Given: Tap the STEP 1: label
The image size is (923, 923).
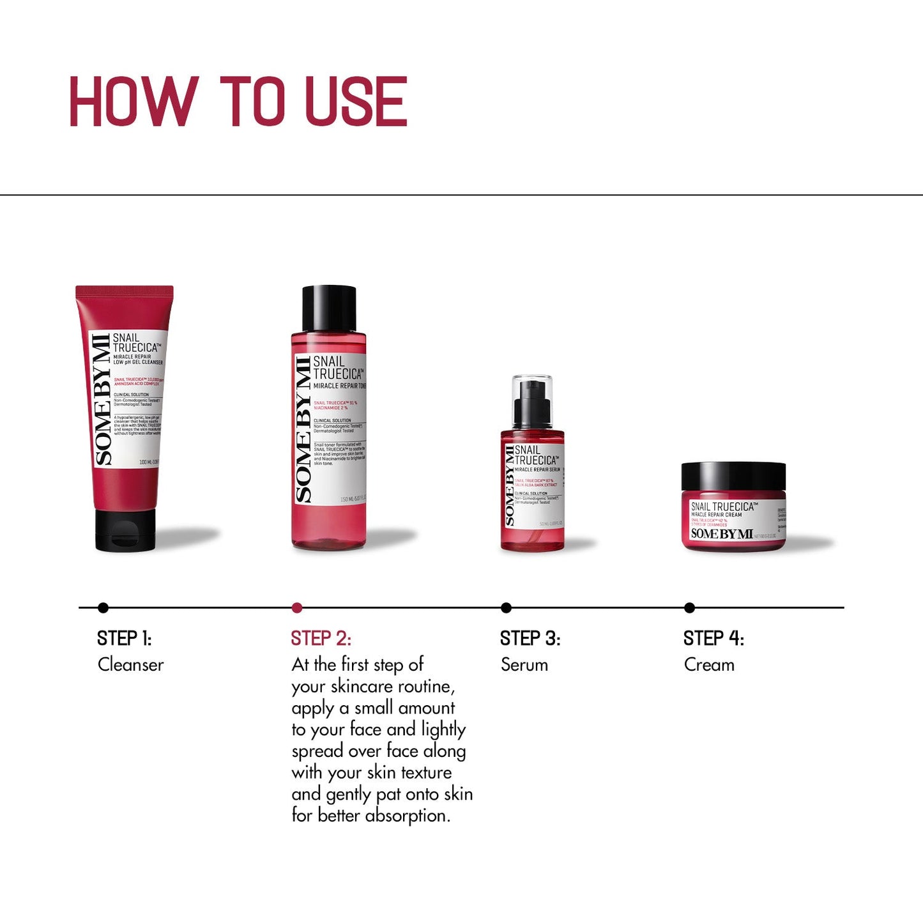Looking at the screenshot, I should tap(124, 638).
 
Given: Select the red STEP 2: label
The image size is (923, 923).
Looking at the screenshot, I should tap(321, 638).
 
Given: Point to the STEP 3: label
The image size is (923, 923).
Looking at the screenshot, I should tap(530, 638).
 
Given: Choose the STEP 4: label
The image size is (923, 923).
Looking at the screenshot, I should tap(713, 638).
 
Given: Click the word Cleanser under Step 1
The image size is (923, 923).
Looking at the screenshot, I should tap(130, 665).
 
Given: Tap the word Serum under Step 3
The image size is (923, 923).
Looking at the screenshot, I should tap(524, 665).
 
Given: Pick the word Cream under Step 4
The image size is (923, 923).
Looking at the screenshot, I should tap(709, 665).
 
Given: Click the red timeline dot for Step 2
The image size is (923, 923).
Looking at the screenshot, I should tap(296, 607).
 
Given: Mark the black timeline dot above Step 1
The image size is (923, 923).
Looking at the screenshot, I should tap(103, 607).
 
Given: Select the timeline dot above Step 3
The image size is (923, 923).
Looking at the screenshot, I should tap(506, 607).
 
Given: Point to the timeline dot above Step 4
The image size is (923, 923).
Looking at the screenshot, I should tap(689, 607).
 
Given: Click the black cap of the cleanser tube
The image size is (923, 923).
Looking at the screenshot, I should tap(125, 530).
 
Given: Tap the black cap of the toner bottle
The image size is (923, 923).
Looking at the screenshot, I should tap(329, 307).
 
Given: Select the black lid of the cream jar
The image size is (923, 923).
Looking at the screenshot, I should tap(733, 476).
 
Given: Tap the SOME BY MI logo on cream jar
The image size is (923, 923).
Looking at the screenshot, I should tap(722, 534).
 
